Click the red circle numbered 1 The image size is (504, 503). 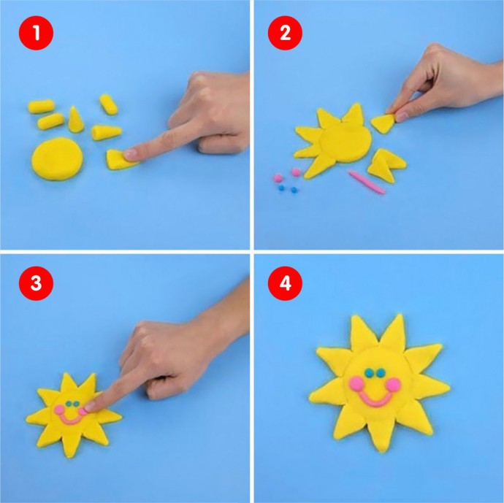[36, 33]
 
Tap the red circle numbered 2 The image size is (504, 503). [285, 33]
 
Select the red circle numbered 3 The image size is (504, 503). [36, 283]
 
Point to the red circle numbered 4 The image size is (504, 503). [285, 283]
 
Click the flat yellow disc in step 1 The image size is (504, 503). [57, 158]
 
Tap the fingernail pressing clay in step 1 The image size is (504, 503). [131, 154]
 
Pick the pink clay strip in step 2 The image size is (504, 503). [367, 182]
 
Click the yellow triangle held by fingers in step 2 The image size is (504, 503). [383, 123]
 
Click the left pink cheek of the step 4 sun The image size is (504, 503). [356, 383]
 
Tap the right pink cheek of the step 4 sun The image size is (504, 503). [394, 385]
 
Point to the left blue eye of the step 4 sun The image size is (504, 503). [370, 372]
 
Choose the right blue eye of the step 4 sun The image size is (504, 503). [381, 373]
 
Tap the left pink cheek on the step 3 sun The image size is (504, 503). [59, 410]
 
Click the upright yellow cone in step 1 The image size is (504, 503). [75, 120]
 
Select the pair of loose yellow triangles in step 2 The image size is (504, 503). [386, 165]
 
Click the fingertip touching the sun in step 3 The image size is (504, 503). [90, 406]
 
